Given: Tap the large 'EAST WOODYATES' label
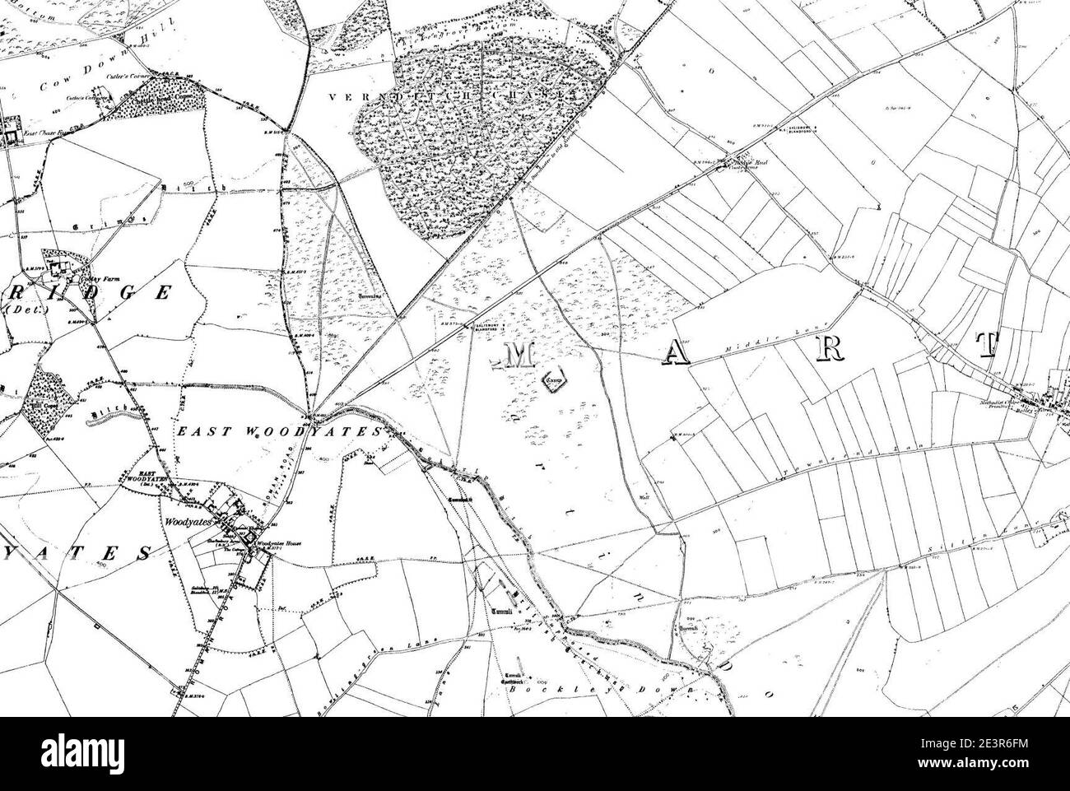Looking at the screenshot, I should (x=280, y=431).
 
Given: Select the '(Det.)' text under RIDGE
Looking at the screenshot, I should (x=21, y=311).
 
